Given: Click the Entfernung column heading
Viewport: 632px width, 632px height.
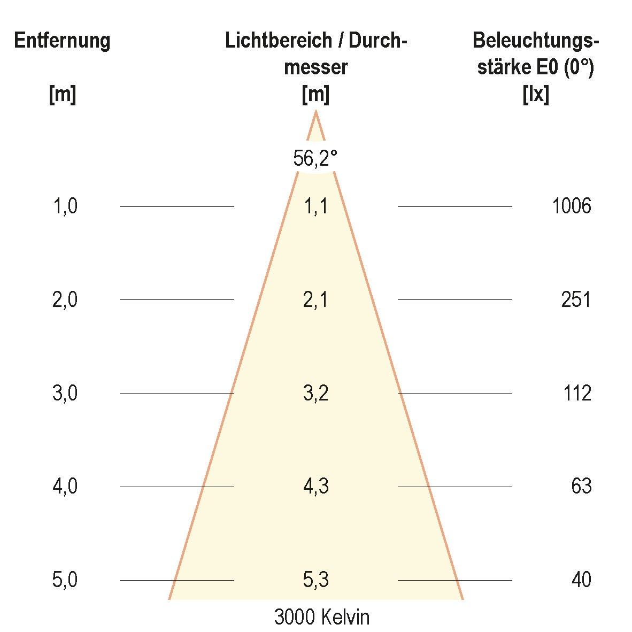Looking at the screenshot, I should click(62, 41).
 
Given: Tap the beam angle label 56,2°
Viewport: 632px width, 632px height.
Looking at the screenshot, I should click(315, 158).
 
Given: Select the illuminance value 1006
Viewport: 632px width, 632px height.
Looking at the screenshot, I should click(572, 206).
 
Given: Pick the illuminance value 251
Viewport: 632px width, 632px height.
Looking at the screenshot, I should click(576, 299).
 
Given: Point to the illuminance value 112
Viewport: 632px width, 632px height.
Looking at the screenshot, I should click(577, 393).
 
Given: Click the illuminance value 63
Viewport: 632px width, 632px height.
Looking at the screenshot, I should click(581, 486).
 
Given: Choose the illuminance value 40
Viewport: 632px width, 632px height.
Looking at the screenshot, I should click(581, 580).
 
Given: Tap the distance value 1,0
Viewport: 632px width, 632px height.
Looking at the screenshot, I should click(65, 206).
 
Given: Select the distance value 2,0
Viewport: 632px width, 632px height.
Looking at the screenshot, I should click(65, 299).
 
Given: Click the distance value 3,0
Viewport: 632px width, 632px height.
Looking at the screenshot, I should click(65, 393).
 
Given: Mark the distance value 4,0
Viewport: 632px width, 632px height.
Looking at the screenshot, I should click(65, 486).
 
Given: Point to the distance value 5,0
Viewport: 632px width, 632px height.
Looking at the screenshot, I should click(65, 580).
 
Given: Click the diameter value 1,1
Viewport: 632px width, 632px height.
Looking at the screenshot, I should click(315, 206).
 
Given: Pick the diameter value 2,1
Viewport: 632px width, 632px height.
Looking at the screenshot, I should click(315, 299).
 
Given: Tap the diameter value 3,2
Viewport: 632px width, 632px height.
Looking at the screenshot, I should click(315, 393).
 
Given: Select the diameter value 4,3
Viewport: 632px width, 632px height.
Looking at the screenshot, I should click(315, 486).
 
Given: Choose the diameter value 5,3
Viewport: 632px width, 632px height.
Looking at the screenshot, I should click(315, 580).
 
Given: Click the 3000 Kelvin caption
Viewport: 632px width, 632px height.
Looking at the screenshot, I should click(321, 618).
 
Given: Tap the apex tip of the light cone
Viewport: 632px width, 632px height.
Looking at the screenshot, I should click(316, 112).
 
